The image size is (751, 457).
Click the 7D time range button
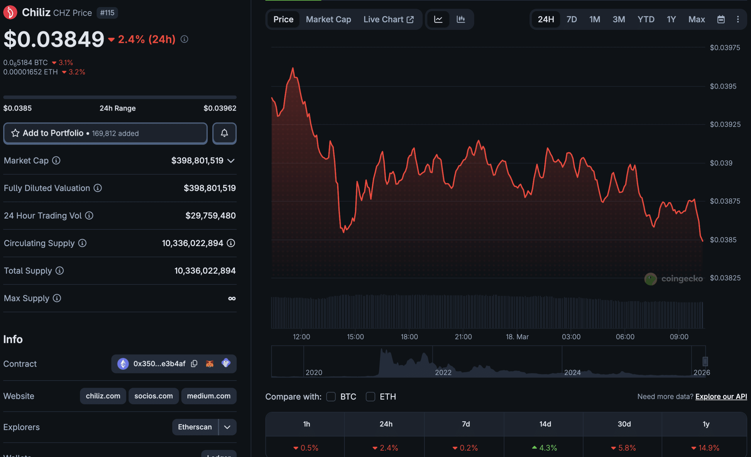(x=571, y=19)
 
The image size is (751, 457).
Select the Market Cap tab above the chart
(x=328, y=19)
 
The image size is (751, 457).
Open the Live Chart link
(x=388, y=19)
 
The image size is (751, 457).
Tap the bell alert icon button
(x=224, y=133)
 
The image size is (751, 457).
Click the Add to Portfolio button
(x=105, y=133)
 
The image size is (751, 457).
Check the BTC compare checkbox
(x=331, y=396)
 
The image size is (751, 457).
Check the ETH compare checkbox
(x=370, y=396)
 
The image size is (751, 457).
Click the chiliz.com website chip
(x=103, y=396)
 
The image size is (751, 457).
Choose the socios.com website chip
(x=153, y=396)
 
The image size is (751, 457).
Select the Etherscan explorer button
(x=195, y=427)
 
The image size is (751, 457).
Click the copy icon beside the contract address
(x=194, y=363)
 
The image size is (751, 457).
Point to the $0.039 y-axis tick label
(x=721, y=163)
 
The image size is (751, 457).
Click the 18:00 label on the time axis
(x=409, y=337)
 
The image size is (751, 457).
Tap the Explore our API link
(x=721, y=396)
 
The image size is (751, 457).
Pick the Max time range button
(x=696, y=19)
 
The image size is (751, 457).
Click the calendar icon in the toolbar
(x=721, y=19)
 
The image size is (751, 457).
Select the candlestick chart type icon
(x=461, y=19)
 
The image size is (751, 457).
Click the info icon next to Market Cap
(x=56, y=160)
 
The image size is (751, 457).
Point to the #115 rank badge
(x=107, y=13)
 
